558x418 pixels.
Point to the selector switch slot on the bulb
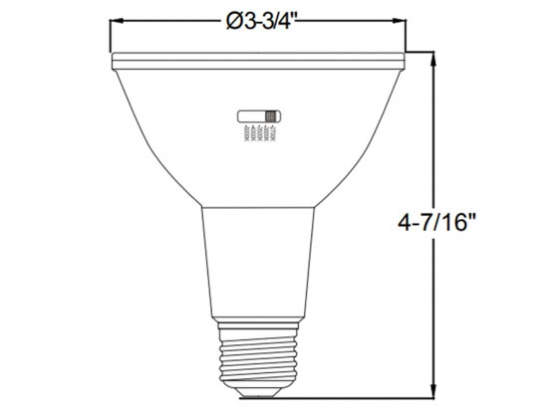(259, 116)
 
